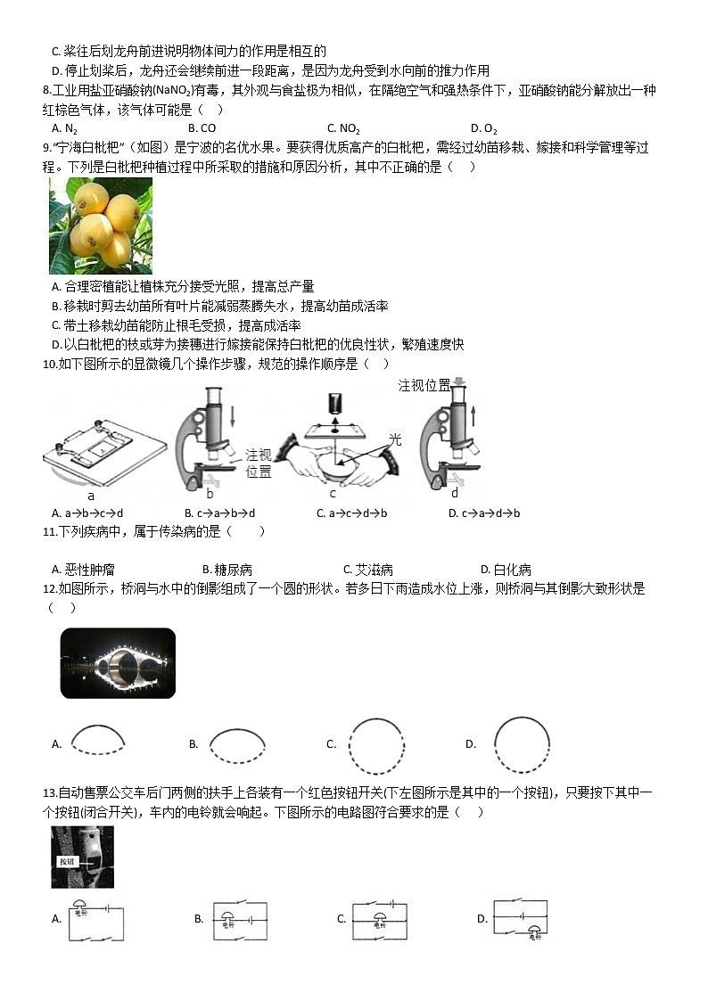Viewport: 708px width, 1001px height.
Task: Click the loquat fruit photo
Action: click(x=100, y=225)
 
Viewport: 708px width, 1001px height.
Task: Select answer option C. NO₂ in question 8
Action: click(x=343, y=127)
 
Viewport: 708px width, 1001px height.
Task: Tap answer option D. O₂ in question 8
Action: click(x=483, y=127)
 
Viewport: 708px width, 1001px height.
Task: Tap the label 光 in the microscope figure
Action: click(x=395, y=439)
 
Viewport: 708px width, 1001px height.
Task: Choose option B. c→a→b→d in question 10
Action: click(x=219, y=513)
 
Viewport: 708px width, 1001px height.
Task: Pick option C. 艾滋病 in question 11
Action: click(x=367, y=570)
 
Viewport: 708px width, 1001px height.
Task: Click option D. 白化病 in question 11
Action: click(x=505, y=570)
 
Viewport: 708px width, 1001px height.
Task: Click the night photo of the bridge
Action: click(x=118, y=663)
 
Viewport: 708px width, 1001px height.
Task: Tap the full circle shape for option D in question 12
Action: click(x=522, y=744)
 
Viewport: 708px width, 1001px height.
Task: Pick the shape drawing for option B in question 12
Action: click(x=238, y=743)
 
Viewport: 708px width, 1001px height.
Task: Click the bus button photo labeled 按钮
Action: click(x=82, y=857)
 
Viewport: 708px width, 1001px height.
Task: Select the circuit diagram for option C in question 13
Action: click(x=380, y=919)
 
